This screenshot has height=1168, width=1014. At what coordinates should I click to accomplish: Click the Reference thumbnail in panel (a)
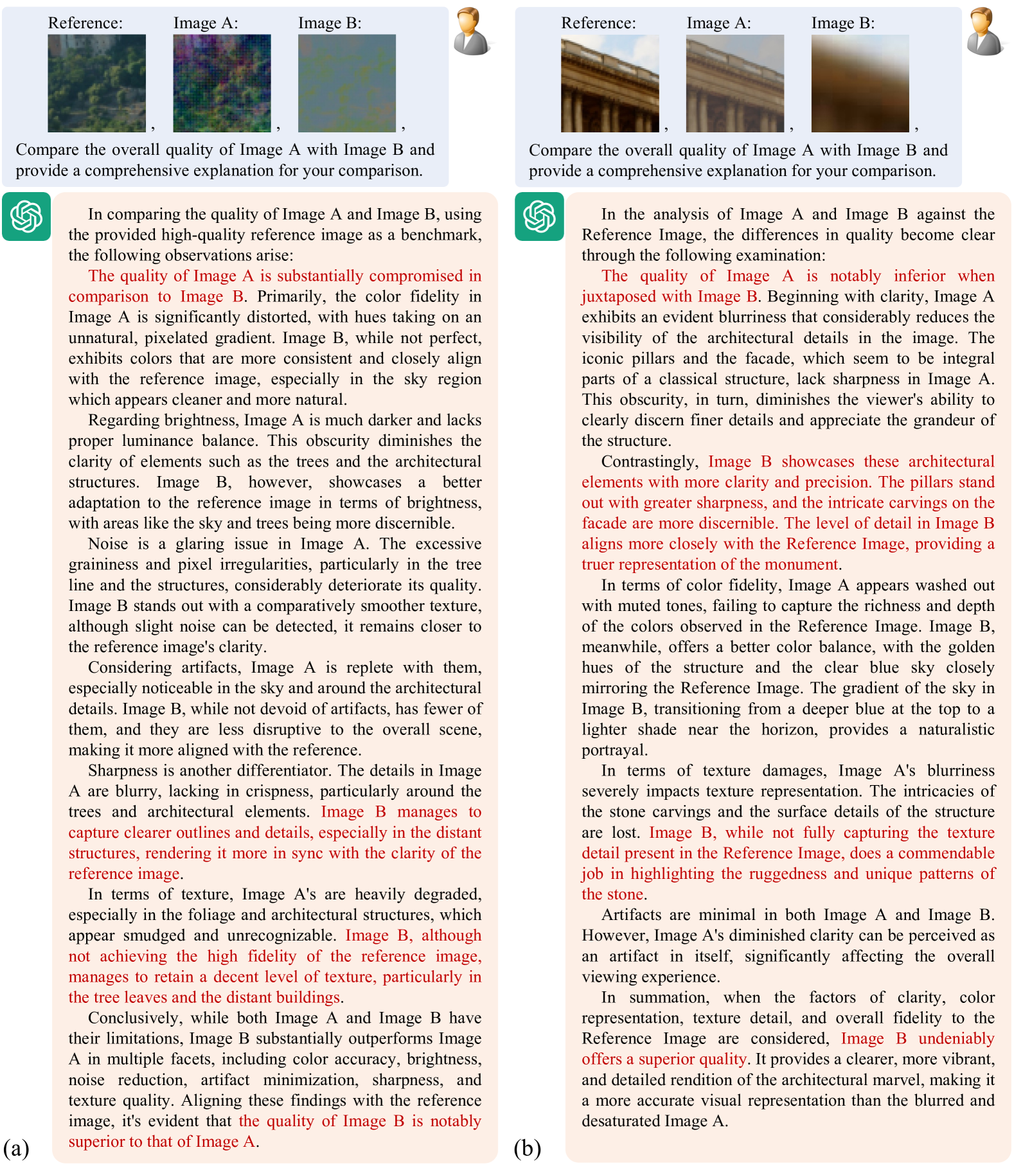96,83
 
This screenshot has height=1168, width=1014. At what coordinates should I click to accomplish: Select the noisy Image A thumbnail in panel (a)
222,83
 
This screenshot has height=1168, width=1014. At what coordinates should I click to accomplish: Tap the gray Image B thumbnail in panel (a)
347,83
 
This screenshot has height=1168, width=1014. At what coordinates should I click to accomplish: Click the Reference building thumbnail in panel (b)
610,83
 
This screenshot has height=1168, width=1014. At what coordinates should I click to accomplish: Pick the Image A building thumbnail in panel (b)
735,83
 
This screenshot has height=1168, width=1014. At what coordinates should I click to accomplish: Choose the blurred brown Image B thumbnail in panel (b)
860,83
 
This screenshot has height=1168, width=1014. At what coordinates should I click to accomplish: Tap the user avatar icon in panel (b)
984,31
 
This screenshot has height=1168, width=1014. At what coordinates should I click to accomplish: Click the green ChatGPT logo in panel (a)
26,217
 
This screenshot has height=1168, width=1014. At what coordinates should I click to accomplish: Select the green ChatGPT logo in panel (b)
540,217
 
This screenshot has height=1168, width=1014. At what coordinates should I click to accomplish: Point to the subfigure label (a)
16,1147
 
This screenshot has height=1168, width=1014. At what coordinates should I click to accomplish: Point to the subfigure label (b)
528,1147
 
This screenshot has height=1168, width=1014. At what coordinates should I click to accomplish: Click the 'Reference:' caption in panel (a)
85,23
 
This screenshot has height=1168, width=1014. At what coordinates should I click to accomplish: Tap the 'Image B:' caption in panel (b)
842,23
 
